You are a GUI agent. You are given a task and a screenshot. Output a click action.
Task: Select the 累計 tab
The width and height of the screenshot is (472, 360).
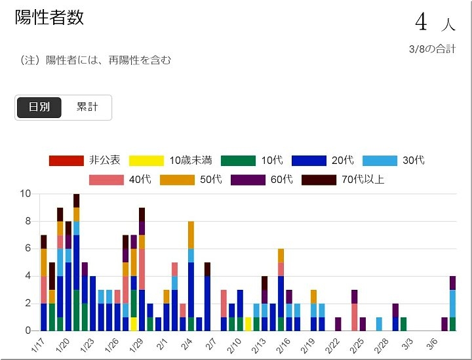[87, 108]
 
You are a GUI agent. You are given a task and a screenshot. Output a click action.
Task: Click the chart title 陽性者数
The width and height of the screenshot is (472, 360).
[50, 18]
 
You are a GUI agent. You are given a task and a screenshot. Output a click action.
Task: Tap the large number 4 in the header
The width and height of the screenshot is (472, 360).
[421, 22]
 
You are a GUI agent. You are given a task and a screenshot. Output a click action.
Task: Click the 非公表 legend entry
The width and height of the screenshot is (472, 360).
[85, 160]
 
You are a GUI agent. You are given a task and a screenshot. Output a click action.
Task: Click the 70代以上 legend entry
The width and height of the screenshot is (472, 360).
[344, 179]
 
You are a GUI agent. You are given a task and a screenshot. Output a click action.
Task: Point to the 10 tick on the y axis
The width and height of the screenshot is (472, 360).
[26, 193]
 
